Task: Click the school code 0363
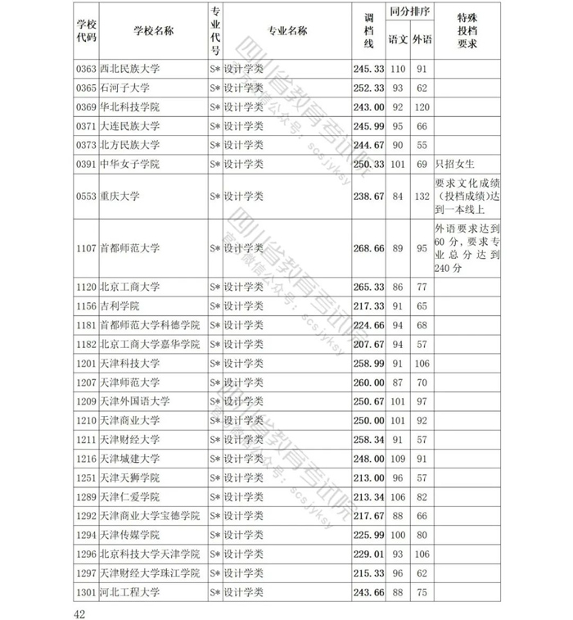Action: pos(86,68)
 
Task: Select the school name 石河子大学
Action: pos(124,88)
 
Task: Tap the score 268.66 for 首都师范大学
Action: pos(368,248)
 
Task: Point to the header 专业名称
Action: pos(286,31)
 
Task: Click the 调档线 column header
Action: pos(368,31)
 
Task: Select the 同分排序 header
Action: pos(410,13)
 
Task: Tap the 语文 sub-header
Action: pos(399,39)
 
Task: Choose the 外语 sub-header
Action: pos(422,39)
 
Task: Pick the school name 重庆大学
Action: pos(120,197)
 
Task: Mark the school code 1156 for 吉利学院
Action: pos(86,305)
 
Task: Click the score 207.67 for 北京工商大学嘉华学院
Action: pos(368,344)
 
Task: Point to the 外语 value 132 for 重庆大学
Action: pos(422,197)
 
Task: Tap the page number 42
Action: pos(80,610)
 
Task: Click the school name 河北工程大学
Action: pos(130,592)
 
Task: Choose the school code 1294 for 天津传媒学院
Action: pos(86,535)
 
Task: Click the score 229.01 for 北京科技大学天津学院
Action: pos(368,554)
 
